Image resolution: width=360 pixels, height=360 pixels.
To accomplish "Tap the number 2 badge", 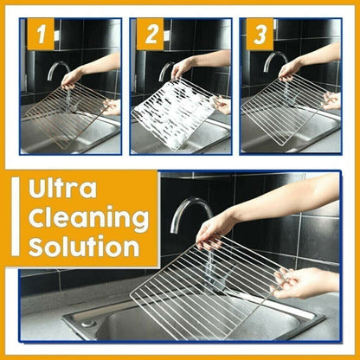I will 151,35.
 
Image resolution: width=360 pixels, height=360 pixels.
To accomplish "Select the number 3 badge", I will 258,35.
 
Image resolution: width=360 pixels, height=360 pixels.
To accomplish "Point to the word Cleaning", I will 85,218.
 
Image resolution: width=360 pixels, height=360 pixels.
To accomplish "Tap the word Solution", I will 85,247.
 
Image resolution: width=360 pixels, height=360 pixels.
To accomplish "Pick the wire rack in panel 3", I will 281,107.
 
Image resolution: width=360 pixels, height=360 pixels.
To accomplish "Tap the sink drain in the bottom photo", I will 87,322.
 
